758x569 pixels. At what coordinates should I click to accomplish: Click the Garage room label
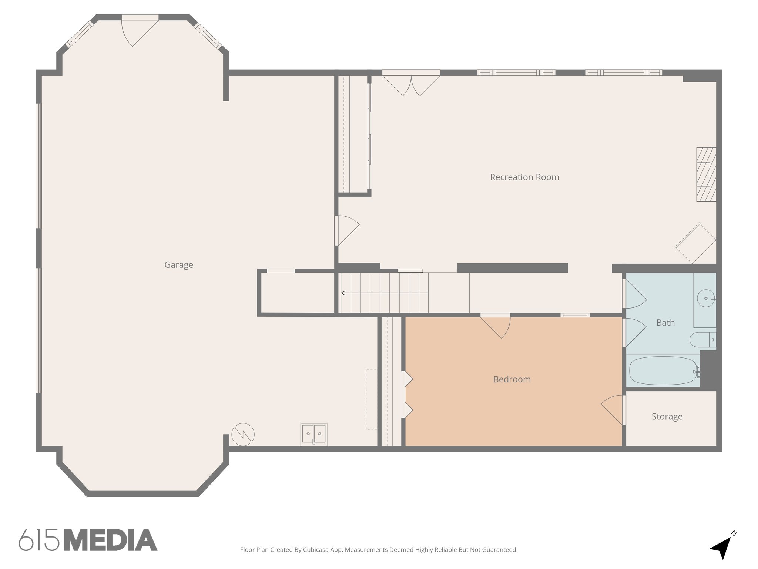(179, 265)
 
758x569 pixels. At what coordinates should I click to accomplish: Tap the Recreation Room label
(524, 177)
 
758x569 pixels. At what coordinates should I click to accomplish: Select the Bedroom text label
(512, 379)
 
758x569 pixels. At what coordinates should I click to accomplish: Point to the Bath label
(665, 323)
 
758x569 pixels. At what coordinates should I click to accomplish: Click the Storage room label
(667, 417)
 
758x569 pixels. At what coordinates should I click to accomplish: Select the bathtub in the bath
(663, 371)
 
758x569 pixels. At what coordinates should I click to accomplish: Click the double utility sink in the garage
(313, 434)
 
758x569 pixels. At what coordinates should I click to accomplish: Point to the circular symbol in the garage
(243, 434)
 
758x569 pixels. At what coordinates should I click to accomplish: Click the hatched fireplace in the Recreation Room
(706, 174)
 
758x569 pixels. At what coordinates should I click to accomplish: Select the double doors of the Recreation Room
(411, 84)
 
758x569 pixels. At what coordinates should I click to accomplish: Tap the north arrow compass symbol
(721, 549)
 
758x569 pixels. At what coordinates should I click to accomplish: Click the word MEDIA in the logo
(111, 540)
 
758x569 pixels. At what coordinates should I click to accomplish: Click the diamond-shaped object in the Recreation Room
(695, 243)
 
